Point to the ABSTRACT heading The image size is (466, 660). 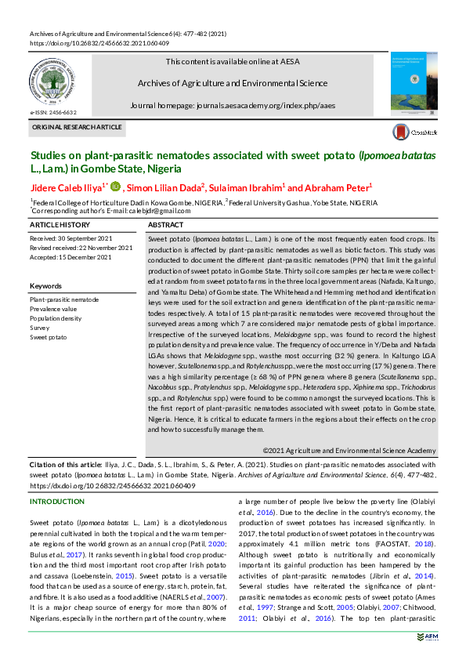pos(165,225)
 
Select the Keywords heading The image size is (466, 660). pos(45,286)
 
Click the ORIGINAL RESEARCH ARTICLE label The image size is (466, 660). pos(77,127)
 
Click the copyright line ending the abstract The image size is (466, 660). pos(349,451)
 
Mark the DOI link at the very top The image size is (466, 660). pos(89,44)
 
